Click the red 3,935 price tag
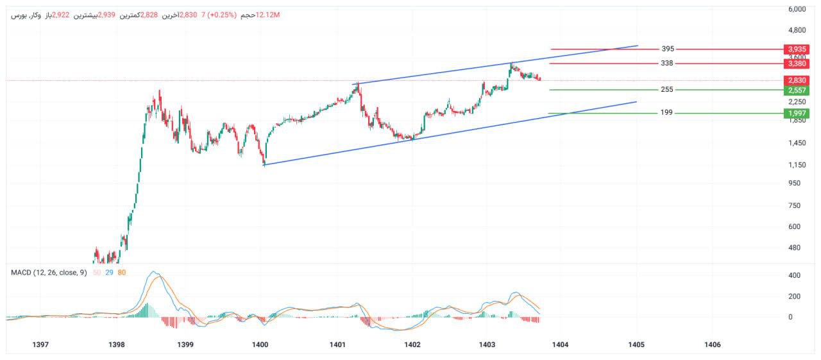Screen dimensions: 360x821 point(797,49)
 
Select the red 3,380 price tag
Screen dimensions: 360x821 point(797,64)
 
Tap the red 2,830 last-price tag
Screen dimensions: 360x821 point(797,80)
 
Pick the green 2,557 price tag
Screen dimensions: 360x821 point(797,90)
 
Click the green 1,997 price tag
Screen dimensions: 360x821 point(797,113)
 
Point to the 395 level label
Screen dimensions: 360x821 point(668,49)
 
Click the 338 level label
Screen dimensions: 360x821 point(667,64)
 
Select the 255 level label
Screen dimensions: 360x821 point(667,90)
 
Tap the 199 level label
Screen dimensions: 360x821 point(667,113)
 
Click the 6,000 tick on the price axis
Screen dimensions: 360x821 point(797,10)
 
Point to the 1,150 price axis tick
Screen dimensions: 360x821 point(797,165)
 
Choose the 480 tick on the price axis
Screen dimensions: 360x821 point(796,248)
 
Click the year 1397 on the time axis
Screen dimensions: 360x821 point(40,345)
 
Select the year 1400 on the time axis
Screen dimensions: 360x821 point(260,345)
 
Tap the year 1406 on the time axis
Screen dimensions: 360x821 point(712,345)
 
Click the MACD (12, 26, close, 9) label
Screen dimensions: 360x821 point(49,273)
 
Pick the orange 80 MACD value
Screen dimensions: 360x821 point(122,273)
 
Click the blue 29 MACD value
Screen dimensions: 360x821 point(110,273)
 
